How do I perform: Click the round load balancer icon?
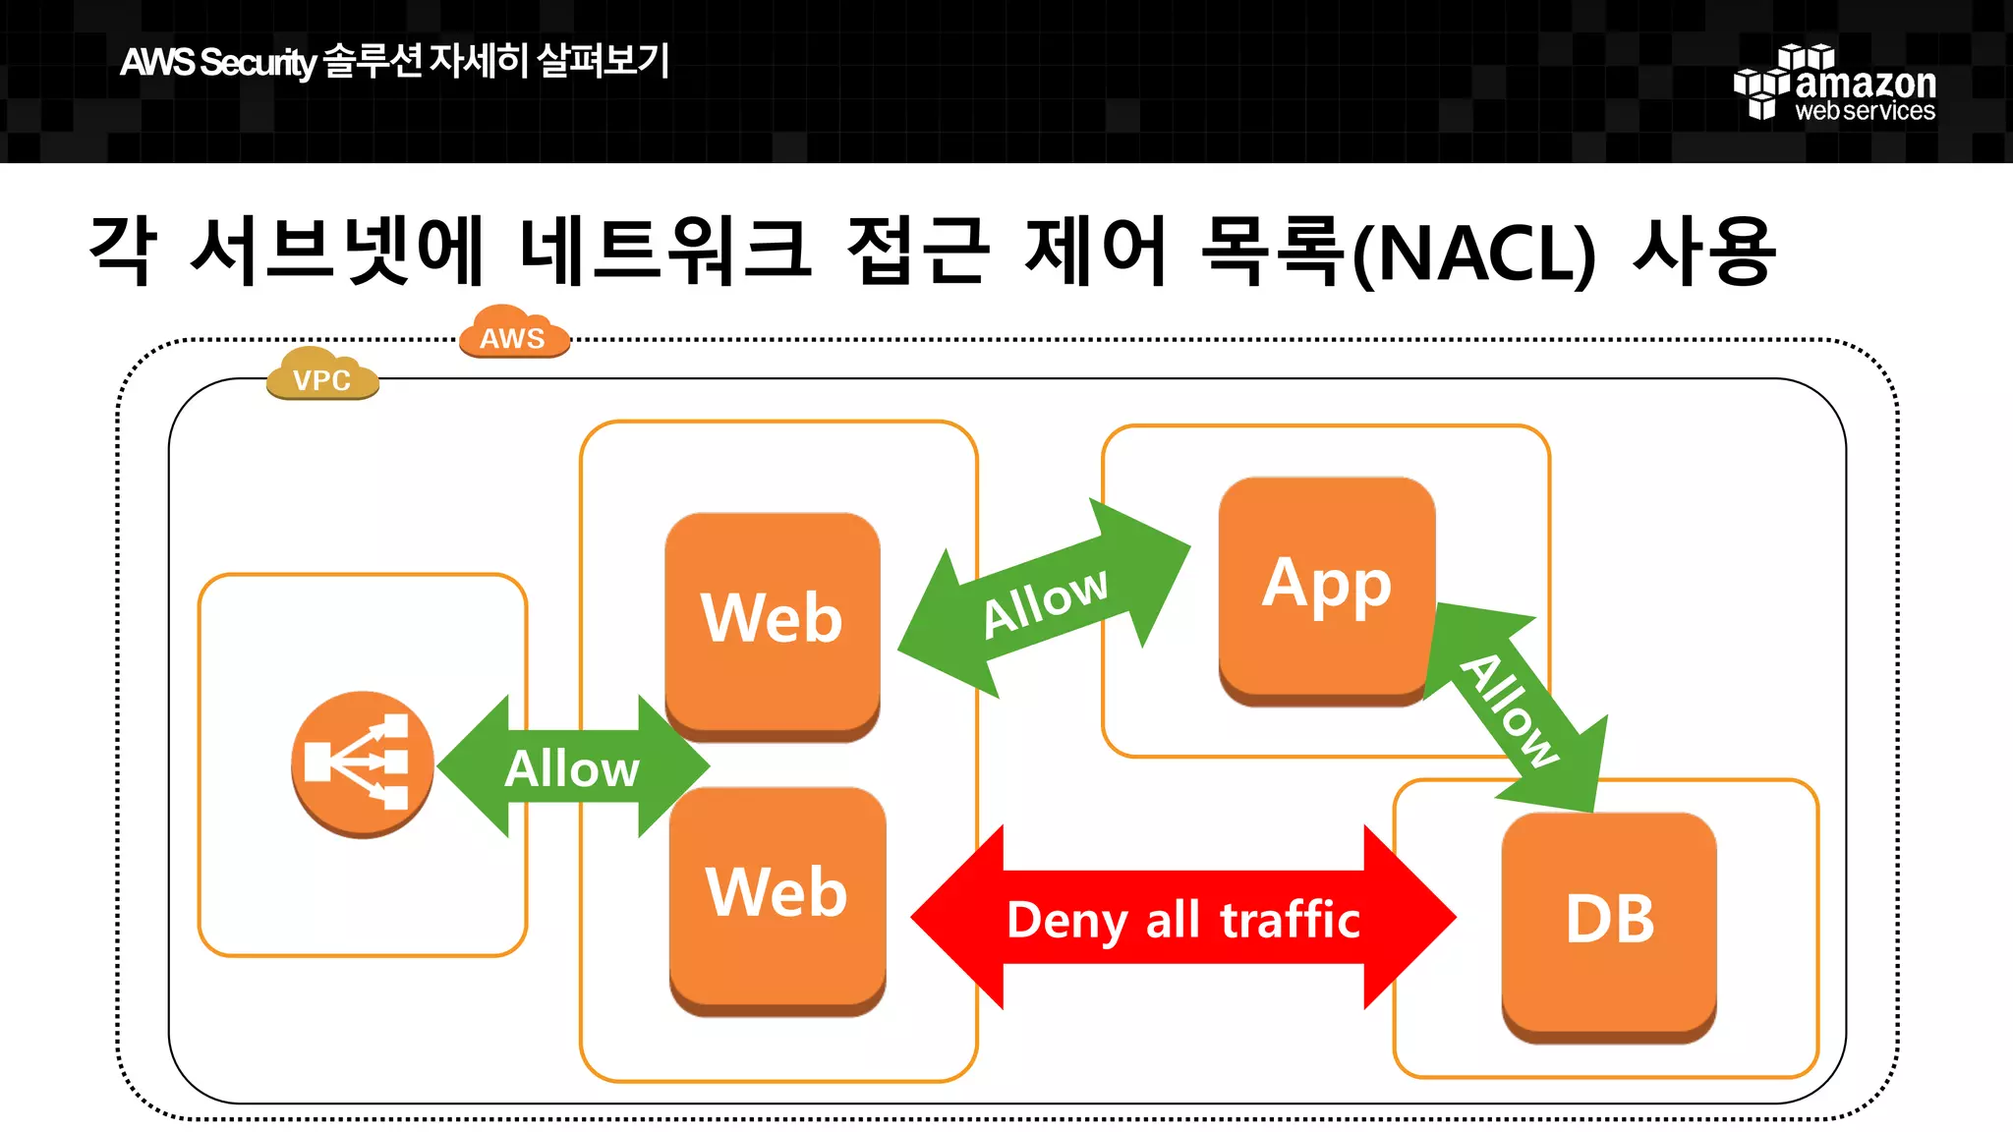click(x=362, y=764)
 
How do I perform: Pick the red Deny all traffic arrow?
click(x=1182, y=920)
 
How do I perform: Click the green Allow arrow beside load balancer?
click(x=572, y=767)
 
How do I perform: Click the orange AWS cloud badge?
click(x=514, y=334)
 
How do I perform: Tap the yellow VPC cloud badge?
click(x=322, y=376)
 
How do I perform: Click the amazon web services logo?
click(x=1834, y=84)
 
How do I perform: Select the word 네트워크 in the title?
click(x=664, y=252)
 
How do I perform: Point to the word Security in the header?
click(x=258, y=63)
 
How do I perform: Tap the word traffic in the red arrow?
click(x=1290, y=920)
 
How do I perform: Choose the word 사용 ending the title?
click(x=1705, y=252)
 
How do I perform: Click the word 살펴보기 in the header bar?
click(x=604, y=61)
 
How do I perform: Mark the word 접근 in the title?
click(x=916, y=252)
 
